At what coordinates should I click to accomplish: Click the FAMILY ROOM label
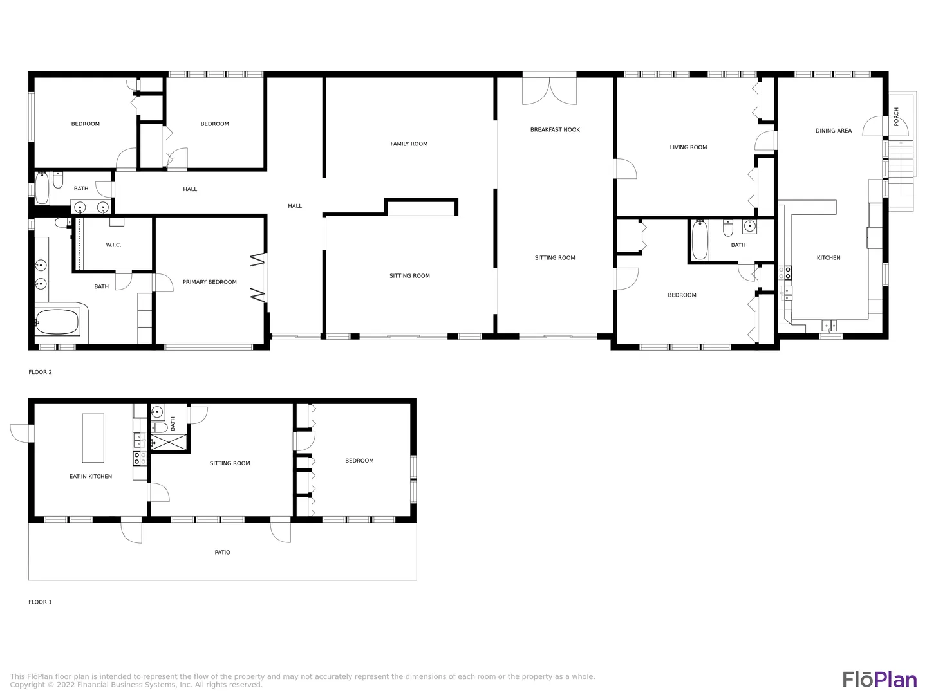[408, 144]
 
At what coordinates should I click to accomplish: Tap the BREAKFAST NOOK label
[554, 129]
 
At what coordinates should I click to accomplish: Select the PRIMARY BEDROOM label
[209, 282]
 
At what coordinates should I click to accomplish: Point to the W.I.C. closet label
[113, 245]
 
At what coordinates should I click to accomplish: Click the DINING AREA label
[833, 131]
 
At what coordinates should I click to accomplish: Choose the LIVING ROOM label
[688, 147]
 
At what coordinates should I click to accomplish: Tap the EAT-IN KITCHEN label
[90, 476]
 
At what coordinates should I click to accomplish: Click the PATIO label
[222, 552]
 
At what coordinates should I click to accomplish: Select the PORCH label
[895, 116]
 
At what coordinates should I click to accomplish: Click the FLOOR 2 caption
[40, 372]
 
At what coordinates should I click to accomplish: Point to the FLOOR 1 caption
[40, 602]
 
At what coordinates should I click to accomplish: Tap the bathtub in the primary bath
[57, 322]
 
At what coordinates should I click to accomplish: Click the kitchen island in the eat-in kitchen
[93, 438]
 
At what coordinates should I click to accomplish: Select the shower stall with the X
[169, 441]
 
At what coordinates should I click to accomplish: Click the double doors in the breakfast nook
[549, 91]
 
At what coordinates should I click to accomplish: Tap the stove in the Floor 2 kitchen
[785, 273]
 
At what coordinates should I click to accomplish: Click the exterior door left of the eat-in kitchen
[21, 433]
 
